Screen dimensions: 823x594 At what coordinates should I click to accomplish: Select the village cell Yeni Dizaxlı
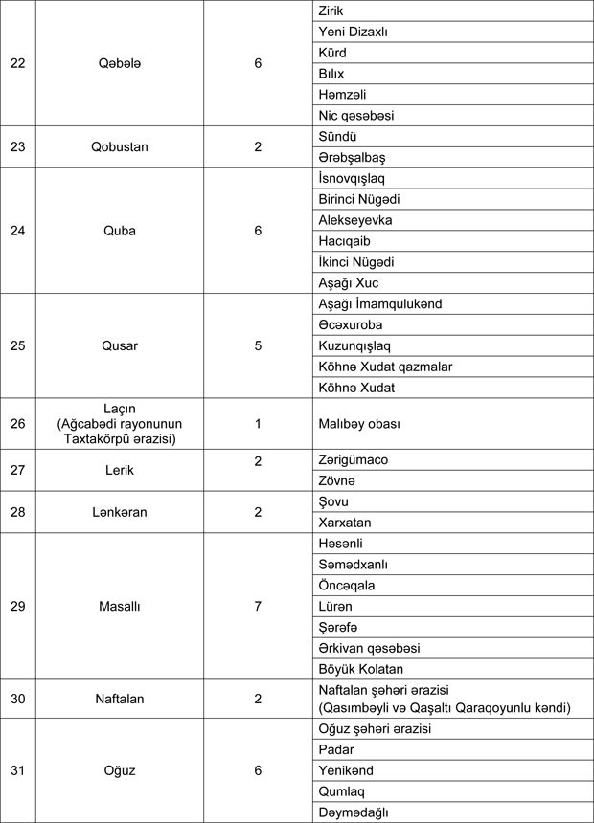[x=354, y=32]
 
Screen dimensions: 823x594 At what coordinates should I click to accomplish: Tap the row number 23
[x=18, y=146]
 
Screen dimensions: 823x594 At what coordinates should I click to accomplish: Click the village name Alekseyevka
[x=355, y=220]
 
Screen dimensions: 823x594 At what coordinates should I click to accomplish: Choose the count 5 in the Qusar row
[x=258, y=345]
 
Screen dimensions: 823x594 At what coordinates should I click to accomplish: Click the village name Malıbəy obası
[x=359, y=423]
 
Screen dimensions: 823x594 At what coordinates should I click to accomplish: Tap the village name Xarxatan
[x=345, y=523]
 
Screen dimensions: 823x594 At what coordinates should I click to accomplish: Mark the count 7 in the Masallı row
[x=258, y=607]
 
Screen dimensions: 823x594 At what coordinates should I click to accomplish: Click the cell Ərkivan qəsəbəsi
[x=369, y=648]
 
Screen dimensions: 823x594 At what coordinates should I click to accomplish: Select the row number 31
[x=18, y=770]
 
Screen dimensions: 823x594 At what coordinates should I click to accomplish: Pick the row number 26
[x=18, y=423]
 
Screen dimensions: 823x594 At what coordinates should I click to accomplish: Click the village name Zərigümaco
[x=354, y=459]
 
